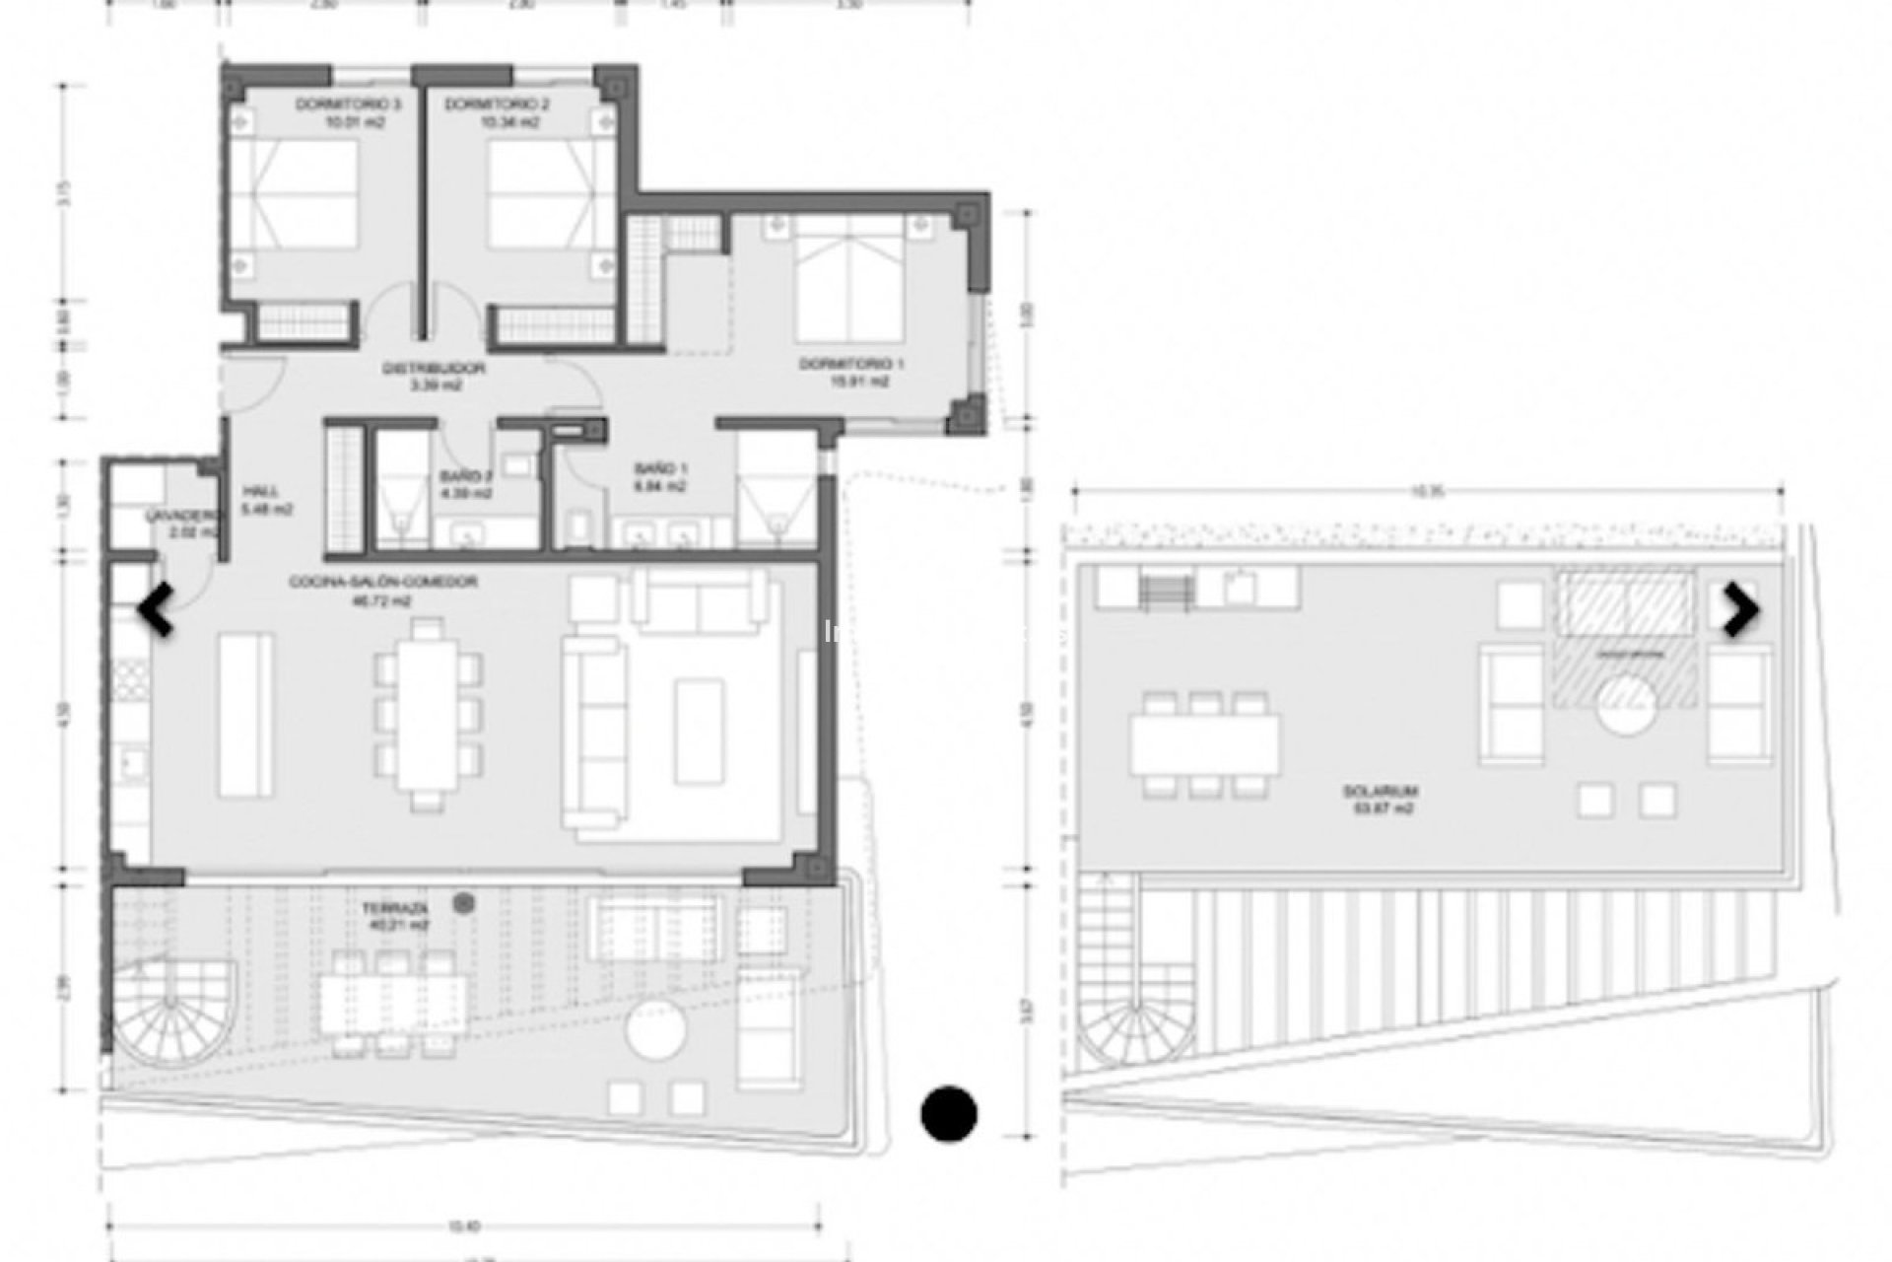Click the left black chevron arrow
coord(157,609)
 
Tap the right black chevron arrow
coord(1740,610)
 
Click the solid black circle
coord(949,1114)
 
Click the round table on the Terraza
coord(656,1031)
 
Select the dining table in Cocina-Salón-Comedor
coord(428,713)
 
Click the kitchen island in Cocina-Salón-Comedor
coord(245,715)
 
